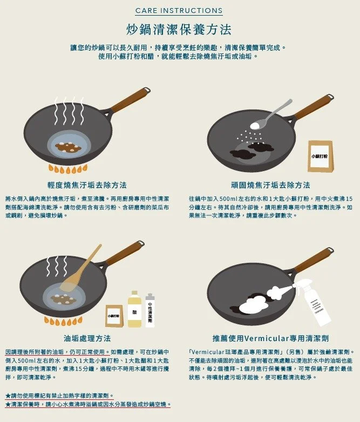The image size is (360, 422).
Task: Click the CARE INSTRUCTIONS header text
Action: pyautogui.click(x=179, y=10)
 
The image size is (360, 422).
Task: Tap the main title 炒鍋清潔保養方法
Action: pyautogui.click(x=179, y=30)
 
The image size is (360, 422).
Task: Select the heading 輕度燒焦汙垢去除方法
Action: pyautogui.click(x=87, y=185)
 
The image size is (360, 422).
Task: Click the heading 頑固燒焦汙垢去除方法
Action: pyautogui.click(x=270, y=185)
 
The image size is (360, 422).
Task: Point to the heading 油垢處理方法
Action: pyautogui.click(x=87, y=338)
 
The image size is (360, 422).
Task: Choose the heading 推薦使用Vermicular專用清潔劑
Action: pyautogui.click(x=270, y=338)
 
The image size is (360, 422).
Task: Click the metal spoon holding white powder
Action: pyautogui.click(x=270, y=115)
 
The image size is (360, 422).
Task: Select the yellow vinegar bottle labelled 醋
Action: pyautogui.click(x=134, y=309)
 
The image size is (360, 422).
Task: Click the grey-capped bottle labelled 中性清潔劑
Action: pyautogui.click(x=150, y=311)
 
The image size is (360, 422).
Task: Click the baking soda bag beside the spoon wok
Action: pyautogui.click(x=321, y=156)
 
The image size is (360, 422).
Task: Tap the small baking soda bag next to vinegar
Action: pyautogui.click(x=114, y=316)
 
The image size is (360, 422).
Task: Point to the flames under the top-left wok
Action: pyautogui.click(x=68, y=169)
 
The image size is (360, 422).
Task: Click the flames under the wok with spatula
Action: pyautogui.click(x=63, y=321)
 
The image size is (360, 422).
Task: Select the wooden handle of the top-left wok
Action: pyautogui.click(x=130, y=100)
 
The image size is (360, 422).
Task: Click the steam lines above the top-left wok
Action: pyautogui.click(x=69, y=111)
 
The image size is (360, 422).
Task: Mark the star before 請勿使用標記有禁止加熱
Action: pyautogui.click(x=8, y=396)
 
